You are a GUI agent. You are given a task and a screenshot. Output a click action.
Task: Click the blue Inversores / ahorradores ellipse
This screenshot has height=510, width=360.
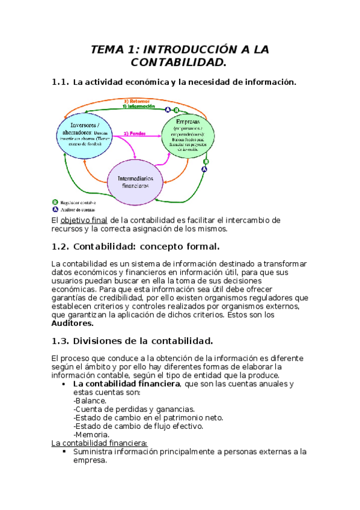tap(85, 134)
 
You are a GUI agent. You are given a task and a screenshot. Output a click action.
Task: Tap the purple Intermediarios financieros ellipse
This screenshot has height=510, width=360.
tap(135, 182)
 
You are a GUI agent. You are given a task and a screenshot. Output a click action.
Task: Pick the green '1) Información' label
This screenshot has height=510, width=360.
tap(143, 106)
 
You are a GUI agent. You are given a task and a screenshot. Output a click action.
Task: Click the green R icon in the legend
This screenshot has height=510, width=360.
tap(55, 203)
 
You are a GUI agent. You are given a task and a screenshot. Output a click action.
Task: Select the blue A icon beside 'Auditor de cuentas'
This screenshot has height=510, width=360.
tap(55, 210)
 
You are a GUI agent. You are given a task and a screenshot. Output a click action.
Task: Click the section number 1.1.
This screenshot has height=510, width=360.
tap(61, 82)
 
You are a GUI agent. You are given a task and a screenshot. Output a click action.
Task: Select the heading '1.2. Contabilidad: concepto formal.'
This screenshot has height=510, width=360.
tap(136, 247)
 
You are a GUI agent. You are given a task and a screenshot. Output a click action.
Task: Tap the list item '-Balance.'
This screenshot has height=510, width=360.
tap(90, 400)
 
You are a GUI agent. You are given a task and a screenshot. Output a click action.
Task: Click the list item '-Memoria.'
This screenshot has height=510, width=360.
tap(91, 434)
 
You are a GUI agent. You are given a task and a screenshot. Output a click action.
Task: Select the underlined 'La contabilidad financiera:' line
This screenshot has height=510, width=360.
tap(100, 443)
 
